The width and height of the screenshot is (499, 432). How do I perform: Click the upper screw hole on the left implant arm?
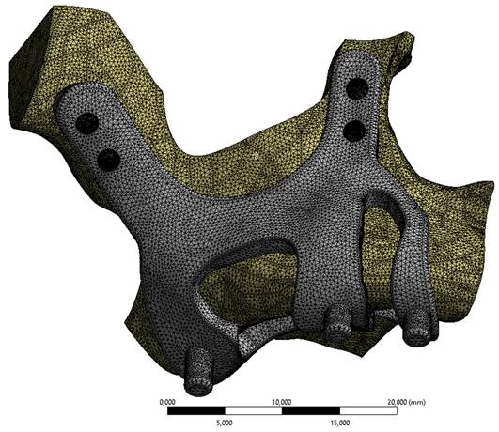(86, 123)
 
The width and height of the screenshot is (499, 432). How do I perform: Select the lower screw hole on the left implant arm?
(108, 160)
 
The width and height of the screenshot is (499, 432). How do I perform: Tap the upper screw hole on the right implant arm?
(357, 87)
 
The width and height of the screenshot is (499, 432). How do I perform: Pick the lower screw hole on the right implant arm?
(355, 131)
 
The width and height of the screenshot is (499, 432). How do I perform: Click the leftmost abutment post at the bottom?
(198, 373)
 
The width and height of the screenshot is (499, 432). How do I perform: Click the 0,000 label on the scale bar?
(167, 402)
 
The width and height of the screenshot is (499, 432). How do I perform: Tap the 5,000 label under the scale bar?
(225, 423)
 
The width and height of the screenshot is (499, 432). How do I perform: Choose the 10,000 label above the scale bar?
(282, 402)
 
